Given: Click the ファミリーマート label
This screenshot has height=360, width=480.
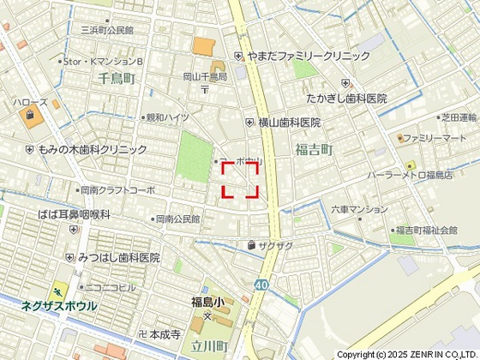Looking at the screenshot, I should click(435, 138).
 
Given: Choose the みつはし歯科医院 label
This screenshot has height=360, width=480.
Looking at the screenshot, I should click(118, 257).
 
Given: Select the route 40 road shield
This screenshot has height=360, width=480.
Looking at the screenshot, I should click(261, 285).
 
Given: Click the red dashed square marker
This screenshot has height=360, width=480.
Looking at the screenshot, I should click(241, 180).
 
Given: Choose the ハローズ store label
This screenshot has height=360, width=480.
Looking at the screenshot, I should click(30, 102).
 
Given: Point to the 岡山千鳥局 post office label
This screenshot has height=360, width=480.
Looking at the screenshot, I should click(205, 76).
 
